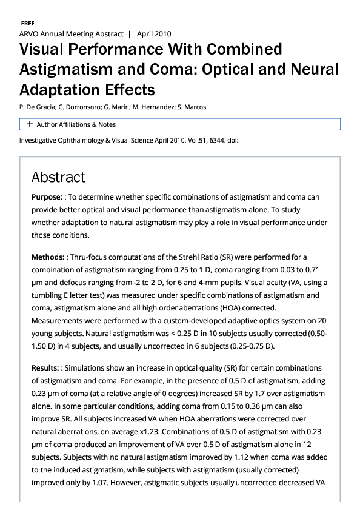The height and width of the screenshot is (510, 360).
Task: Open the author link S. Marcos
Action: [192, 107]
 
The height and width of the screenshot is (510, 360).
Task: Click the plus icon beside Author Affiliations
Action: [29, 124]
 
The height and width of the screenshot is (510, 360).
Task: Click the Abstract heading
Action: [58, 177]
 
